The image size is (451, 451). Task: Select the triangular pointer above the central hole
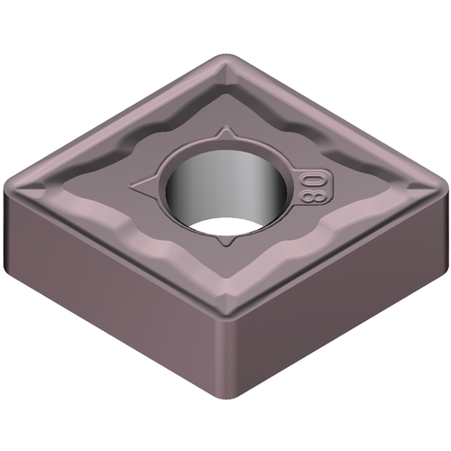point(225,133)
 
